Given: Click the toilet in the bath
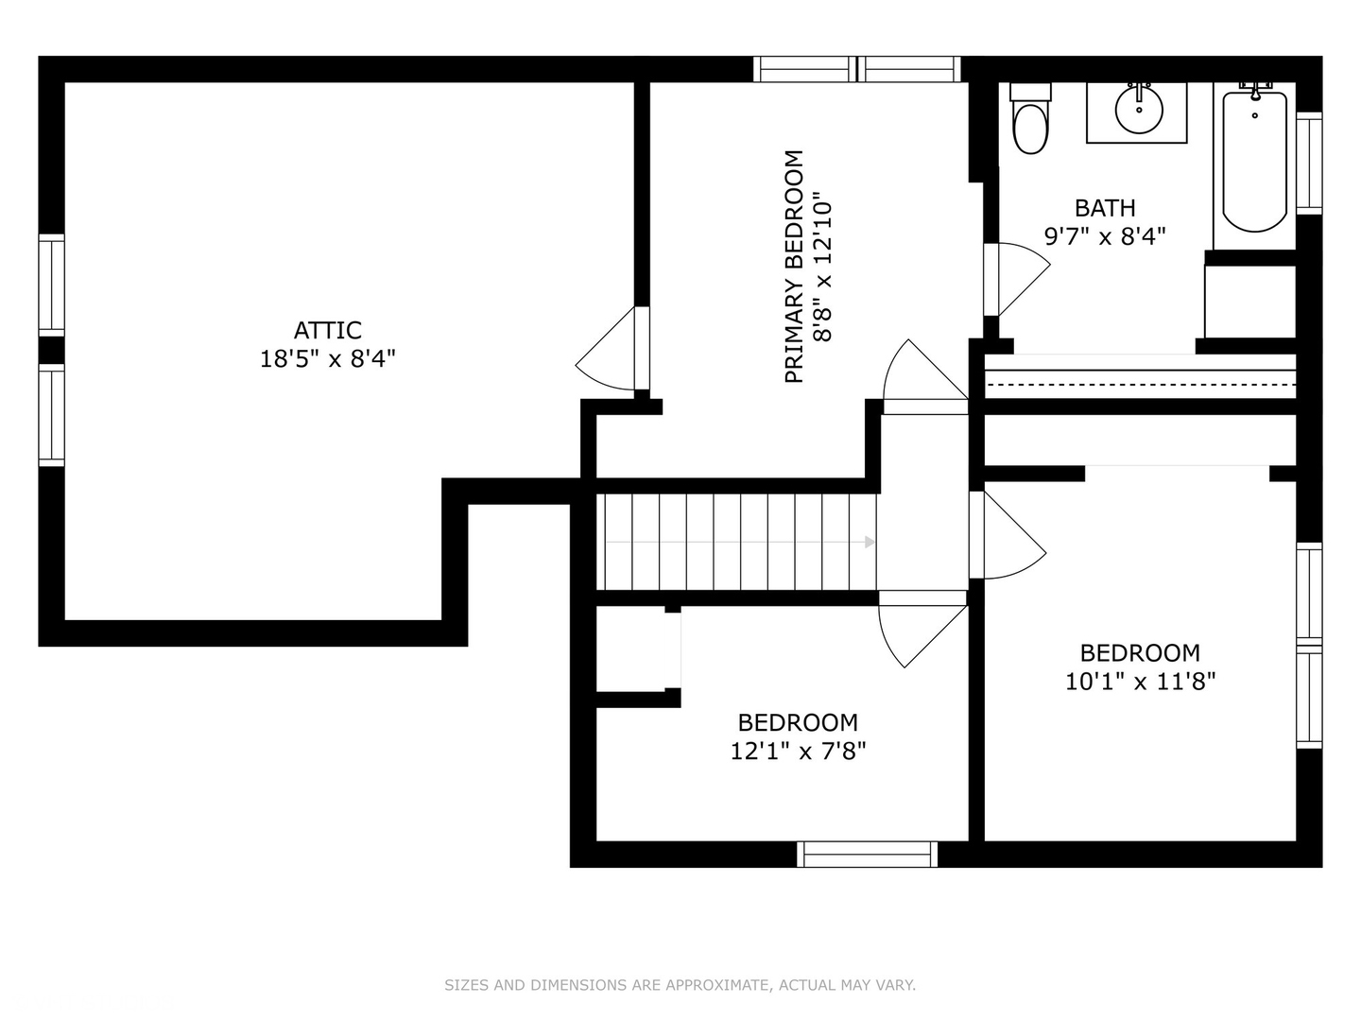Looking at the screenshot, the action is [x=1030, y=118].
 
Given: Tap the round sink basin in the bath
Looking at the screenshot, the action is [x=1138, y=110].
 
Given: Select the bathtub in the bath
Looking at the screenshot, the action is [x=1254, y=162].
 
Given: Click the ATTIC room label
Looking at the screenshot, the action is [x=327, y=331].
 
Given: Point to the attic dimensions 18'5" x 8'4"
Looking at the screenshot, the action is [x=327, y=359].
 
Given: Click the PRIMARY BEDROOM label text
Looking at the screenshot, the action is [x=794, y=267].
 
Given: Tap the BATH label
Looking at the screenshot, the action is [x=1105, y=208].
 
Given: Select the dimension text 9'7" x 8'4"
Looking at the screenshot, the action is [x=1105, y=236].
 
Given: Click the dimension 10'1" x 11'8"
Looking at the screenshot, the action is [x=1140, y=682].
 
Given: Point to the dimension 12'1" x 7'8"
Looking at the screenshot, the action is [x=798, y=752].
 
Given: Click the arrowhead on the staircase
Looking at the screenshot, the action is [x=870, y=543].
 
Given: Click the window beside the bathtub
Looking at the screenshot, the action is [x=1309, y=164].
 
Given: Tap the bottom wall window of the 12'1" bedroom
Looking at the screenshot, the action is [x=867, y=855].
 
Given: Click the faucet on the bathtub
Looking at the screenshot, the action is [x=1255, y=90].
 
